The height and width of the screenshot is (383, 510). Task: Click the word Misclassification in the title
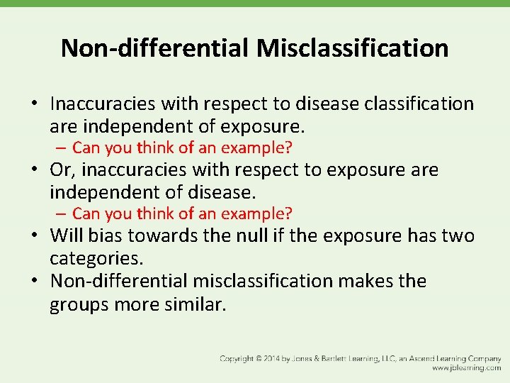click(x=352, y=48)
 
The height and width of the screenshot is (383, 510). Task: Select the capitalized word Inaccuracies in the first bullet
click(x=103, y=104)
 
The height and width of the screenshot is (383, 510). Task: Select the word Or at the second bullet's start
click(x=60, y=170)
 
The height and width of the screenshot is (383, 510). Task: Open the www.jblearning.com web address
click(x=466, y=369)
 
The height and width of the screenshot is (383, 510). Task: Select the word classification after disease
click(x=419, y=104)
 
